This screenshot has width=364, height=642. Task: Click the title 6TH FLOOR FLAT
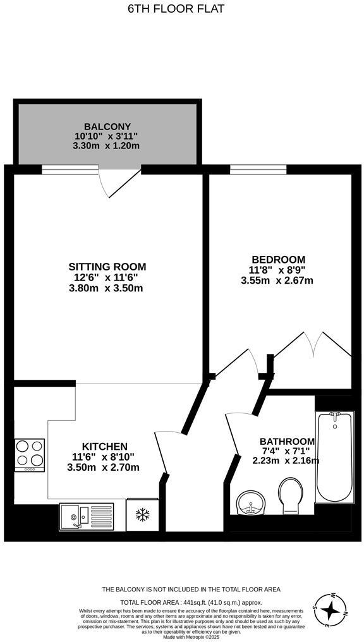tap(176, 9)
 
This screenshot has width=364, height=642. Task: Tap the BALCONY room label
tap(107, 126)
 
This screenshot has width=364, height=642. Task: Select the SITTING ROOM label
tap(107, 267)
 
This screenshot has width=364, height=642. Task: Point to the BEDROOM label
tap(279, 260)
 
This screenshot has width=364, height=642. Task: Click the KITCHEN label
tap(105, 446)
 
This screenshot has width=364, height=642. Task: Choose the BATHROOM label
tap(288, 442)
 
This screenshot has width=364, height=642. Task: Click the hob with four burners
tap(30, 455)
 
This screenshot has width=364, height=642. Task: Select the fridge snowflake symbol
tap(142, 514)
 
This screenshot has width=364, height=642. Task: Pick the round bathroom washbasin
tap(251, 503)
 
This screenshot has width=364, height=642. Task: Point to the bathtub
tap(334, 457)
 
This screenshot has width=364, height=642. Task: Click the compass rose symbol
tap(330, 610)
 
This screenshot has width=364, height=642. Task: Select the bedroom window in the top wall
tap(258, 169)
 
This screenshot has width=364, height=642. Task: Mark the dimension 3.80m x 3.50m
tap(106, 288)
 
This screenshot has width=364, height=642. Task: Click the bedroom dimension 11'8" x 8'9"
tap(279, 270)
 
